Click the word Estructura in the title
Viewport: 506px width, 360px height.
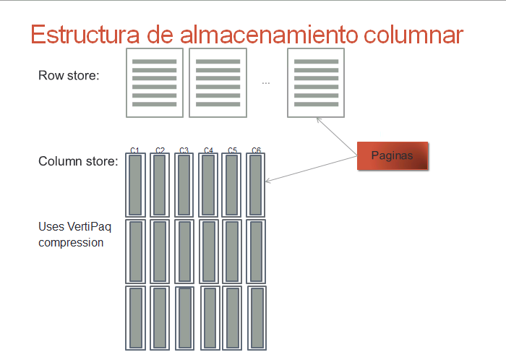pyautogui.click(x=85, y=34)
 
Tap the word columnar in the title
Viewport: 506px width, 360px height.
pyautogui.click(x=413, y=34)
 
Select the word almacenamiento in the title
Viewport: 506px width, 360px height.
pyautogui.click(x=269, y=34)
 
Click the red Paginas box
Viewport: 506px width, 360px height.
pyautogui.click(x=393, y=155)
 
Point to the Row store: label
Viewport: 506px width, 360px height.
pyautogui.click(x=69, y=75)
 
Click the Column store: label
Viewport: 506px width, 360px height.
pyautogui.click(x=78, y=161)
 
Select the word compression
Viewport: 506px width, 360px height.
pyautogui.click(x=71, y=243)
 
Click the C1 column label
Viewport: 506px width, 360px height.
pyautogui.click(x=134, y=150)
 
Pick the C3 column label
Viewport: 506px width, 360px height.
pyautogui.click(x=184, y=150)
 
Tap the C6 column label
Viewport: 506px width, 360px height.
pyautogui.click(x=256, y=150)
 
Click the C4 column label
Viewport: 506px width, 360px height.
pyautogui.click(x=208, y=150)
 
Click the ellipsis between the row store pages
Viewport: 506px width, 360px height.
pyautogui.click(x=265, y=84)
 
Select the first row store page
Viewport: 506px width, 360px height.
pyautogui.click(x=155, y=83)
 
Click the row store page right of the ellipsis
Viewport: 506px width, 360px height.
pyautogui.click(x=316, y=83)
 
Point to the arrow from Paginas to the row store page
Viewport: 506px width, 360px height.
pyautogui.click(x=337, y=137)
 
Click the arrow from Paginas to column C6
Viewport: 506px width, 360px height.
pyautogui.click(x=311, y=169)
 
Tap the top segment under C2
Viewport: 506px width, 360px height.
pyautogui.click(x=160, y=185)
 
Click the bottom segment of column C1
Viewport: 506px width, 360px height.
pyautogui.click(x=136, y=318)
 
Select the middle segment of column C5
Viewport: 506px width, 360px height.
pyautogui.click(x=232, y=252)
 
